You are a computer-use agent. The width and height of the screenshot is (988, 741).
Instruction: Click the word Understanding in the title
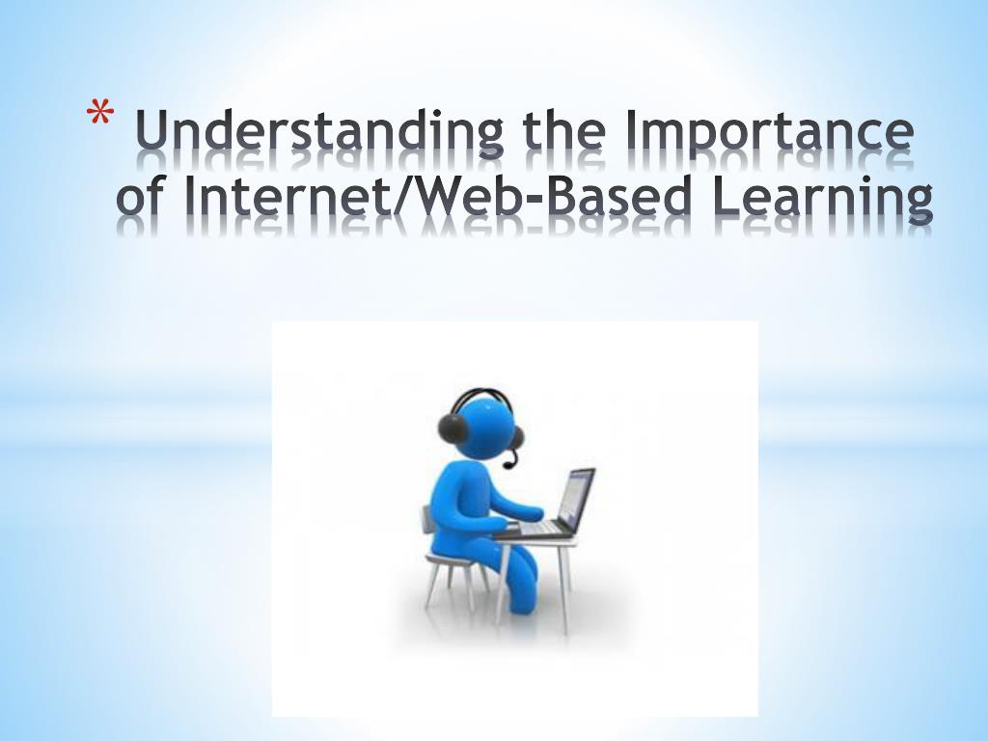pos(319,131)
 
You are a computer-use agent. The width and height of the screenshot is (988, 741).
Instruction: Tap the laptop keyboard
pos(537,528)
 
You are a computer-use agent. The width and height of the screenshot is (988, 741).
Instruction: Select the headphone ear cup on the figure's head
pos(453,428)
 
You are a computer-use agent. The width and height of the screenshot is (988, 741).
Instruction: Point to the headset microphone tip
pos(508,466)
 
